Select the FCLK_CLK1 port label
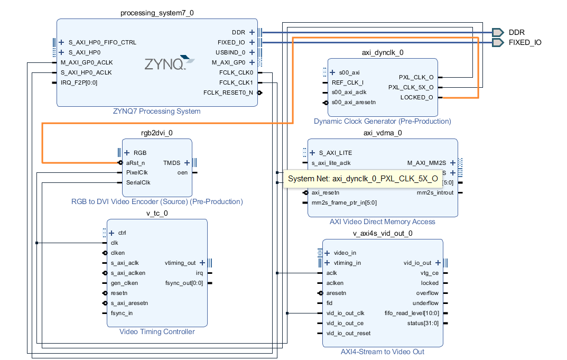[x=236, y=82]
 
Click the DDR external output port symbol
[x=497, y=32]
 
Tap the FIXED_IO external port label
[x=525, y=42]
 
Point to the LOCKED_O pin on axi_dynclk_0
[x=416, y=97]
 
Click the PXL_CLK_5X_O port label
[x=411, y=87]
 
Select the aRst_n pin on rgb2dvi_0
[x=135, y=163]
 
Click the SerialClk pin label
[x=138, y=183]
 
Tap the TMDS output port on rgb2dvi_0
[x=172, y=163]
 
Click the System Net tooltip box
[x=363, y=179]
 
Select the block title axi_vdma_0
[x=383, y=133]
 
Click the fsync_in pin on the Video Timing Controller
[x=122, y=313]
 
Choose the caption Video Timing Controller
[x=157, y=331]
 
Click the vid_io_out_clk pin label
[x=345, y=313]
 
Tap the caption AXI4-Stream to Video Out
[x=382, y=352]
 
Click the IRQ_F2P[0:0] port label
[x=79, y=82]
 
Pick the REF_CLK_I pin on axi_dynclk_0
[x=347, y=82]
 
